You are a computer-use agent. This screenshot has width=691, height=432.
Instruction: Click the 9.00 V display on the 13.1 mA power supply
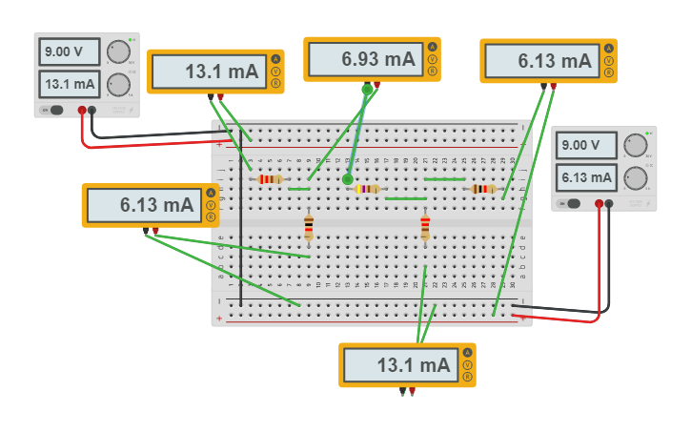tap(71, 51)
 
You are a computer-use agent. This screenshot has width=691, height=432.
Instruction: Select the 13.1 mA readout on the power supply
tap(71, 84)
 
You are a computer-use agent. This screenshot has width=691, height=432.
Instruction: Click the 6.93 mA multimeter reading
tap(367, 59)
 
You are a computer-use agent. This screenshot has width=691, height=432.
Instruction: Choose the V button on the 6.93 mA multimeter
tap(433, 59)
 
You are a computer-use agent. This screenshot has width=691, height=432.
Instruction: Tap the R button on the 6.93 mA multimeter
tap(433, 72)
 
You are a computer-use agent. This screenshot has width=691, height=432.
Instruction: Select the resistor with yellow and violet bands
tap(367, 189)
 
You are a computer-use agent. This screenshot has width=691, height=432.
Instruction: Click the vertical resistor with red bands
tap(425, 227)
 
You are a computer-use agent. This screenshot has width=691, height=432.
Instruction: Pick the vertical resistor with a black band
tap(309, 227)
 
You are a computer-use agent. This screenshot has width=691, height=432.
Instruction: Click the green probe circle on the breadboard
tap(348, 178)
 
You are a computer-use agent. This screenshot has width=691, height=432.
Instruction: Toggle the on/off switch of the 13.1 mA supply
tap(56, 110)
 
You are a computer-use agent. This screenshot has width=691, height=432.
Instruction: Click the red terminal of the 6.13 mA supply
tap(600, 203)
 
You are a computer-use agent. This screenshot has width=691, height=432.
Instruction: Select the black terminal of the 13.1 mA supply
tap(92, 111)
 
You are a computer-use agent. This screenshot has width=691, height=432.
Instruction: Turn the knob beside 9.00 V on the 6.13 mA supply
tap(635, 146)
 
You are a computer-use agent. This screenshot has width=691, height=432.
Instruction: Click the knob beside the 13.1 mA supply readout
tap(118, 84)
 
